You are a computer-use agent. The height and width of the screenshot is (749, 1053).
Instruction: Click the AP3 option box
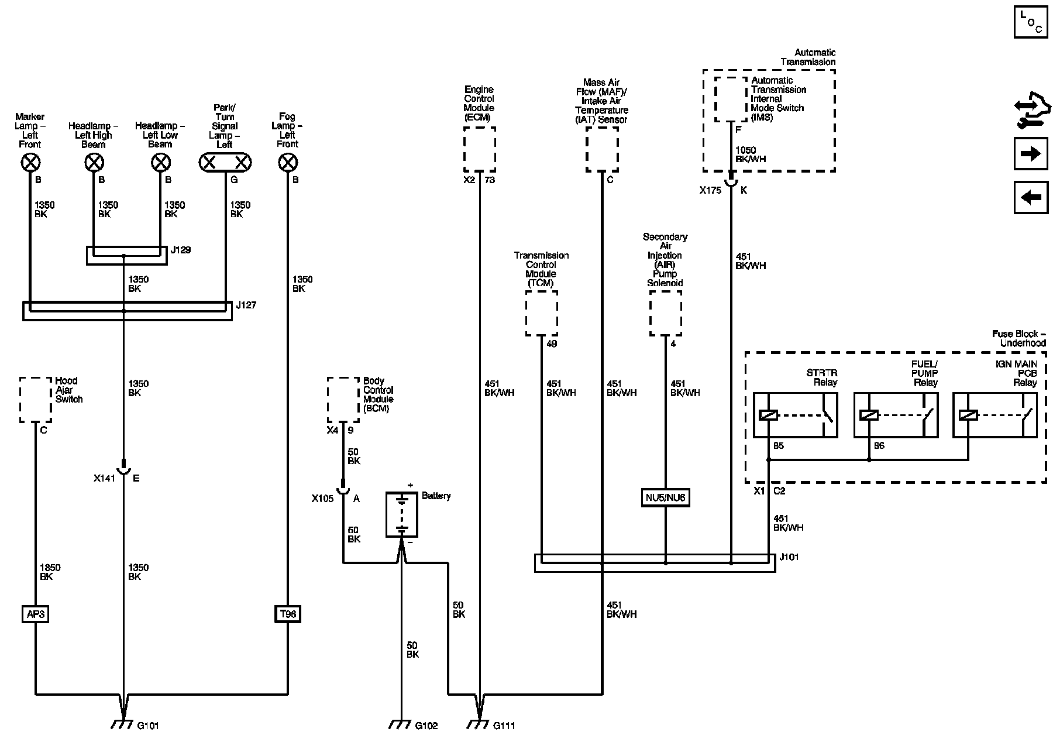35,614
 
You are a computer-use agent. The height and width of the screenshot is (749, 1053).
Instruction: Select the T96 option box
288,614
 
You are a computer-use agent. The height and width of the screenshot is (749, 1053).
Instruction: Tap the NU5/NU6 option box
665,499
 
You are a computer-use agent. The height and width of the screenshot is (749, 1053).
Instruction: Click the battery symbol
401,514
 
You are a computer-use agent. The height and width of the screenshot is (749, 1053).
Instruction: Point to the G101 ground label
148,726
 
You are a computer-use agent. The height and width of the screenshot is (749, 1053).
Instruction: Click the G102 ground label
426,726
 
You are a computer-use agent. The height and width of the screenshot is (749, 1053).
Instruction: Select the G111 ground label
504,726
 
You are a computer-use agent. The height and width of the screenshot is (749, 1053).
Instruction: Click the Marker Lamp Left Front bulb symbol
30,162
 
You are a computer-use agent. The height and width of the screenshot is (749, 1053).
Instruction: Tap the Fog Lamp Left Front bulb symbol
287,162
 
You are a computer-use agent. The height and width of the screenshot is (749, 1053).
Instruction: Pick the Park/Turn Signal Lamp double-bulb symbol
225,162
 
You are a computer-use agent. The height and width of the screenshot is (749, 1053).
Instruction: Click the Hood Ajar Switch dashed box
35,400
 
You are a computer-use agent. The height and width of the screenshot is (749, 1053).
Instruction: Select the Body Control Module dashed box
343,400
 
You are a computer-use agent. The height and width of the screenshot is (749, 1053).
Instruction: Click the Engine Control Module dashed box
480,149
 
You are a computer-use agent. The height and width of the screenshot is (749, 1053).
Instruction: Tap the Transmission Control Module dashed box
541,313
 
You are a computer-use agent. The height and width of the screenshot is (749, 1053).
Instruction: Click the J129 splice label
181,250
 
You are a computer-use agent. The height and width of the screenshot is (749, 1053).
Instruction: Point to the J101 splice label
789,557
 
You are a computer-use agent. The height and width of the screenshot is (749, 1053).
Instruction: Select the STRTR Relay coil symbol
768,415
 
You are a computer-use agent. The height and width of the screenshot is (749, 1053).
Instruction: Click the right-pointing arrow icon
1030,154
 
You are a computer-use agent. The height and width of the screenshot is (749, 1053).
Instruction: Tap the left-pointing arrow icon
1030,197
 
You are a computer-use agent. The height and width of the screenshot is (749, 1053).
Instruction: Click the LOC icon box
1031,22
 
